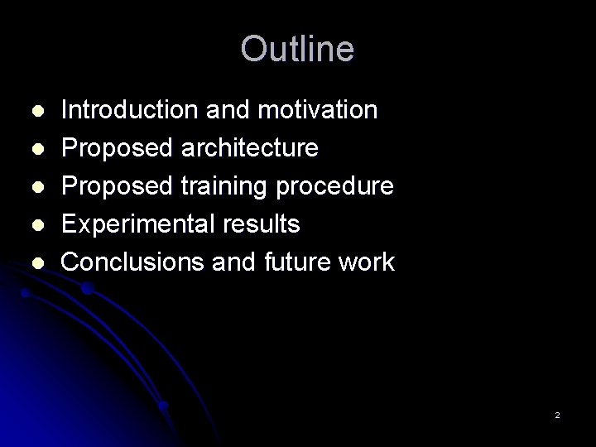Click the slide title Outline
pos(297,50)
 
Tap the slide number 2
pos(557,415)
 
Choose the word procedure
pos(342,186)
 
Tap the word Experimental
pos(134,224)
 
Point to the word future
pos(294,262)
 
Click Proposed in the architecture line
pos(116,148)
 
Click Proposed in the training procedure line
pos(116,186)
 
